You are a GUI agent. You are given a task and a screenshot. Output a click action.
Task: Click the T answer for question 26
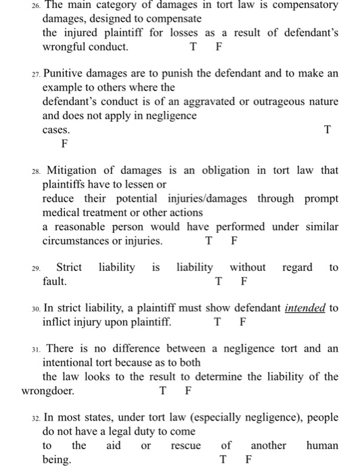click(x=194, y=47)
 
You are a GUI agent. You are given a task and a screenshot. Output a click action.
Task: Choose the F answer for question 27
click(x=65, y=144)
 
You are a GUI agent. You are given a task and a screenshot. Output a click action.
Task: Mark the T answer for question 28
click(x=209, y=240)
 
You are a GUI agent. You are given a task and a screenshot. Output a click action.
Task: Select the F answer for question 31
click(x=188, y=391)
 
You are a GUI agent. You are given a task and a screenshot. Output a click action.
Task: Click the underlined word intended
click(x=305, y=308)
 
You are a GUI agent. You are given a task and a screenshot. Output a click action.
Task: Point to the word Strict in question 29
click(x=69, y=267)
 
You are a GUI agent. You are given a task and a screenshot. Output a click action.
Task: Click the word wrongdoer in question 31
click(x=48, y=391)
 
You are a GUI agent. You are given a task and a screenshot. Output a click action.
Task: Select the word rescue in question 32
click(x=186, y=446)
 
